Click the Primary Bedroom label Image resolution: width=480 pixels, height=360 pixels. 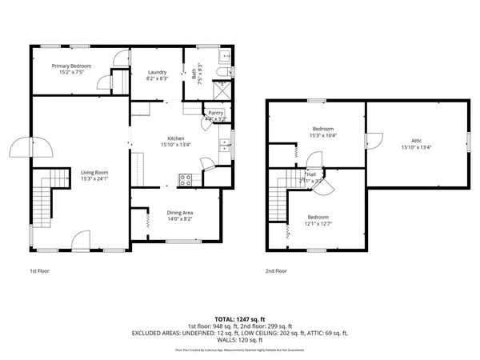(71, 66)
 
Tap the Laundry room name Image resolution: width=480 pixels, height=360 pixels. (157, 72)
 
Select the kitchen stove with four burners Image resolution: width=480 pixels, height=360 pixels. (186, 180)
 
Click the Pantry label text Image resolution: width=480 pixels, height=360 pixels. (216, 113)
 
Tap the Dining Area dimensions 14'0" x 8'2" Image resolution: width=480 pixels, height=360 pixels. (179, 219)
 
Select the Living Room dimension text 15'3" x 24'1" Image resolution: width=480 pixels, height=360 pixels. (94, 179)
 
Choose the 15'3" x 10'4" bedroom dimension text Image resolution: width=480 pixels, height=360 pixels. (322, 135)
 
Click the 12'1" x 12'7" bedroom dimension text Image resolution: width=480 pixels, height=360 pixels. (318, 223)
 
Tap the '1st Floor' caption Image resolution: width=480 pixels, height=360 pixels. (39, 271)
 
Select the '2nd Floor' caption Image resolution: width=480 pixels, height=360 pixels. (277, 271)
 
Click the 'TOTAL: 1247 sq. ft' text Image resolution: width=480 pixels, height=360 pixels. (240, 318)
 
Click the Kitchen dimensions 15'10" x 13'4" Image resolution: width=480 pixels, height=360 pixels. (175, 145)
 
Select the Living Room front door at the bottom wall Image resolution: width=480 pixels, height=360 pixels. (80, 240)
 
